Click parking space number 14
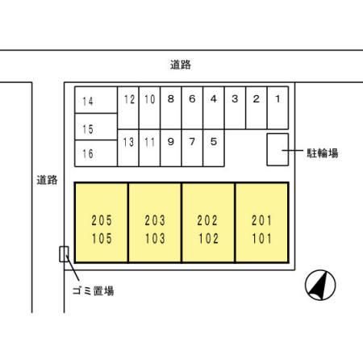coord(96,100)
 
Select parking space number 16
coord(96,153)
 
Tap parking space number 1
coord(277,108)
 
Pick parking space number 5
coord(214,148)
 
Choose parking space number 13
coord(128,148)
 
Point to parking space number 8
coord(171,108)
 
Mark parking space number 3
coord(235,108)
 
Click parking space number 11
coord(149,148)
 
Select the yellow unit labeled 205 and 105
coord(102,223)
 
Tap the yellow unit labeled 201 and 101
coord(262,223)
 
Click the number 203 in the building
coord(155,220)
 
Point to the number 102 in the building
coord(208,239)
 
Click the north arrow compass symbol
coord(320,285)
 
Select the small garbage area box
coord(64,254)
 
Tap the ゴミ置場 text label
coord(94,290)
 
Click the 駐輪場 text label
coord(323,153)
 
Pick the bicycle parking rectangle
coord(277,149)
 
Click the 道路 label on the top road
coord(181,65)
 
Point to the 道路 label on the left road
coord(47,180)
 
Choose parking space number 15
coord(96,127)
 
